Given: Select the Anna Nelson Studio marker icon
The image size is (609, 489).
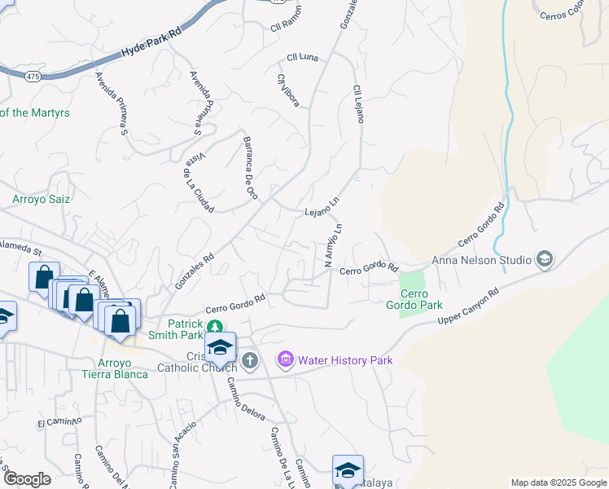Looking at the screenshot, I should [x=544, y=260].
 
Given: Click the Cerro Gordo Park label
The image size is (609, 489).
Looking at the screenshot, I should [x=420, y=299].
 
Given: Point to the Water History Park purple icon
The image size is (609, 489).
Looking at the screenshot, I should [x=285, y=359].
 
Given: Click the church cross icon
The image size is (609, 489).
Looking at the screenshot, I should [x=250, y=359].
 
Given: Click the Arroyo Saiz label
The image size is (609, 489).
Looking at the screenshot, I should [x=41, y=199].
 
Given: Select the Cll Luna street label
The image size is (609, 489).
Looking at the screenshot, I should [x=302, y=58].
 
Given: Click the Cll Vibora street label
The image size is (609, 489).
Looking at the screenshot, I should [x=288, y=90].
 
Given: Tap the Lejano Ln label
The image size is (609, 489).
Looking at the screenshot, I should [x=321, y=207].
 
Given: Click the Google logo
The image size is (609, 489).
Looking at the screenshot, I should [x=27, y=479].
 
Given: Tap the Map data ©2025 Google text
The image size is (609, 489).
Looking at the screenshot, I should [x=558, y=482].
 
